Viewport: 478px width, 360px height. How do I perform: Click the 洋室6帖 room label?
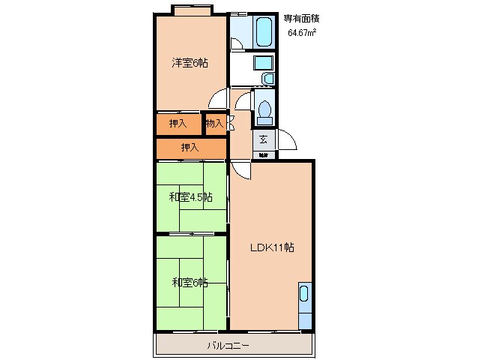[x=190, y=63]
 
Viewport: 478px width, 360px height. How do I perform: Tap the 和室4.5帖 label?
[x=190, y=197]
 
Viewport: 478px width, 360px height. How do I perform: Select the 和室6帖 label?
[x=190, y=282]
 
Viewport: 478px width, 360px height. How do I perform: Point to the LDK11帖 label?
[x=270, y=247]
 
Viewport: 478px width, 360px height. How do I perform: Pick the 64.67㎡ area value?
[x=301, y=33]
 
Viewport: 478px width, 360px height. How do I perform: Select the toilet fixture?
[x=264, y=109]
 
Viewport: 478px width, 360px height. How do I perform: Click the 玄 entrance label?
[x=264, y=139]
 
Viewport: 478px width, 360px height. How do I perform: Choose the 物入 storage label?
[x=214, y=123]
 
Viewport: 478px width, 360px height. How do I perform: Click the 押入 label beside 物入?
[x=178, y=123]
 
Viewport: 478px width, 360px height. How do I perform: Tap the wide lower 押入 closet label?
[x=190, y=148]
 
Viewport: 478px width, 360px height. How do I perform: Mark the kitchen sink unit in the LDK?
[x=305, y=305]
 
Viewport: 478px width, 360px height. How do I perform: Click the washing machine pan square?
[x=263, y=62]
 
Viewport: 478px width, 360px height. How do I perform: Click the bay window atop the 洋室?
[x=193, y=10]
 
